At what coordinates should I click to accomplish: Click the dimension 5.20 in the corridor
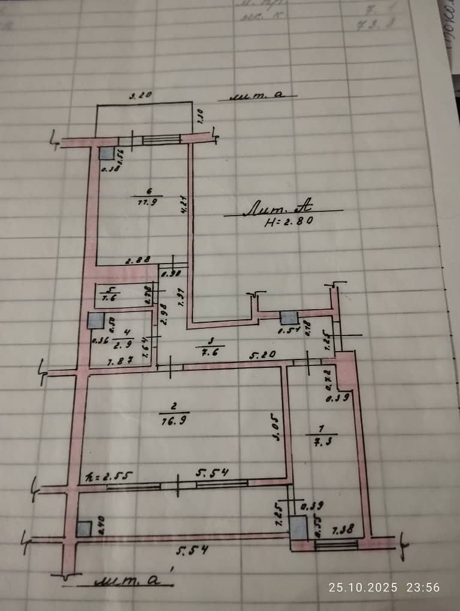pos(263,355)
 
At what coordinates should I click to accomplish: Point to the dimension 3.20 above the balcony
pos(141,95)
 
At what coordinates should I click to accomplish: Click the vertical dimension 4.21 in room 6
pos(185,207)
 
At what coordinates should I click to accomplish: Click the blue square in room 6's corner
pos(107,153)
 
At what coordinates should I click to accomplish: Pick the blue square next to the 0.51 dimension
pos(289,318)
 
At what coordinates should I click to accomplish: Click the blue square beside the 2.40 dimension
pos(84,529)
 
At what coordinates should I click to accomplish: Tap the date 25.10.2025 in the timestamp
pos(362,587)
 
